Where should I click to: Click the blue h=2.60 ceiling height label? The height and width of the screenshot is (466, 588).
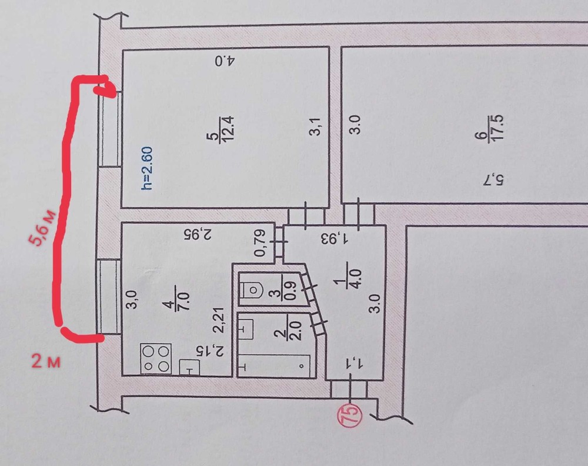tap(147, 168)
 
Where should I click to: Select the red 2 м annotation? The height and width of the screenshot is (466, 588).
tap(46, 362)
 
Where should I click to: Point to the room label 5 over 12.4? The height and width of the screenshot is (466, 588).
tap(220, 128)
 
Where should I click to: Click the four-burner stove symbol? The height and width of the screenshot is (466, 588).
tap(156, 359)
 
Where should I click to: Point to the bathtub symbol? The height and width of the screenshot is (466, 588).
tap(274, 365)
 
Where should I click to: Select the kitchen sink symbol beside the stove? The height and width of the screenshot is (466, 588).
tap(189, 367)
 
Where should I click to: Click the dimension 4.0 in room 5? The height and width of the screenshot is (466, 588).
tap(225, 61)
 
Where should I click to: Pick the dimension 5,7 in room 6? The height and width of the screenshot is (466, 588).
tap(493, 181)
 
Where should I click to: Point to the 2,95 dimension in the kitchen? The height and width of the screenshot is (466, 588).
tap(198, 234)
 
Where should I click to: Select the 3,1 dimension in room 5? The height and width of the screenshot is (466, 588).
tap(315, 126)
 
